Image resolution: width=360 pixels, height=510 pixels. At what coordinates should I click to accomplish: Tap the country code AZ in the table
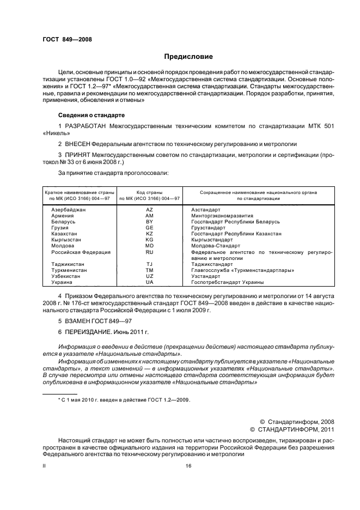[150, 209]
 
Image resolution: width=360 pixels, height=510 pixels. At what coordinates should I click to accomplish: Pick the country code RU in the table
[150, 252]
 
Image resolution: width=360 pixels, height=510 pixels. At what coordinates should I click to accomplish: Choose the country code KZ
[150, 233]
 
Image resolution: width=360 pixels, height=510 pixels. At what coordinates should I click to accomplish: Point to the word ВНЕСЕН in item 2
[78, 144]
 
